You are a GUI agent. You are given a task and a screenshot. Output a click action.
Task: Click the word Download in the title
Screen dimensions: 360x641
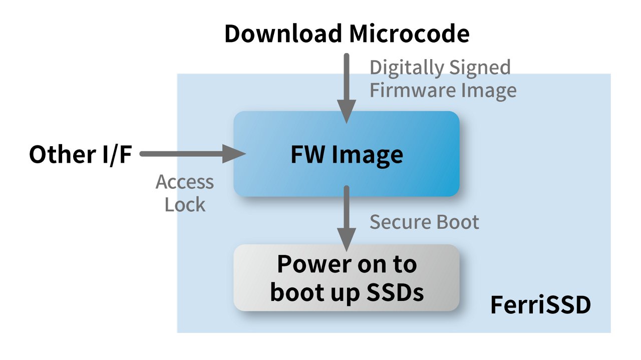(x=282, y=34)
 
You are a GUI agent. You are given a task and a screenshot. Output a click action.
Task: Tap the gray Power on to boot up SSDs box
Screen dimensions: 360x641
(x=347, y=278)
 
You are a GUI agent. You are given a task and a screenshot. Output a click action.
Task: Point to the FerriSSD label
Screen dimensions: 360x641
(x=540, y=305)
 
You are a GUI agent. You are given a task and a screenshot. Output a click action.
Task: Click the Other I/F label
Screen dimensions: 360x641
(x=80, y=154)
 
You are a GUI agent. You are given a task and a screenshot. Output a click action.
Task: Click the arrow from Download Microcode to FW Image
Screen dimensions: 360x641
(x=346, y=85)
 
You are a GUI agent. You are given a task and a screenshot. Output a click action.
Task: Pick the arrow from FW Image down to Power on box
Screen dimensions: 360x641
(x=346, y=215)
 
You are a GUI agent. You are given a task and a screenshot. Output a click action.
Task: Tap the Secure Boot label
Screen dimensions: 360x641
(x=424, y=222)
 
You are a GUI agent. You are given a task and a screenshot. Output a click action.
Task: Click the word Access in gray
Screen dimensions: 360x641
(x=185, y=182)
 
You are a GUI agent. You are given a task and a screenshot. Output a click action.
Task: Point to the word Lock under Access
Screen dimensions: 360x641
(x=185, y=205)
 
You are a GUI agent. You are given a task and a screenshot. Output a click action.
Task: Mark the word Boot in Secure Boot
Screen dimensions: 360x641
(x=458, y=222)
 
